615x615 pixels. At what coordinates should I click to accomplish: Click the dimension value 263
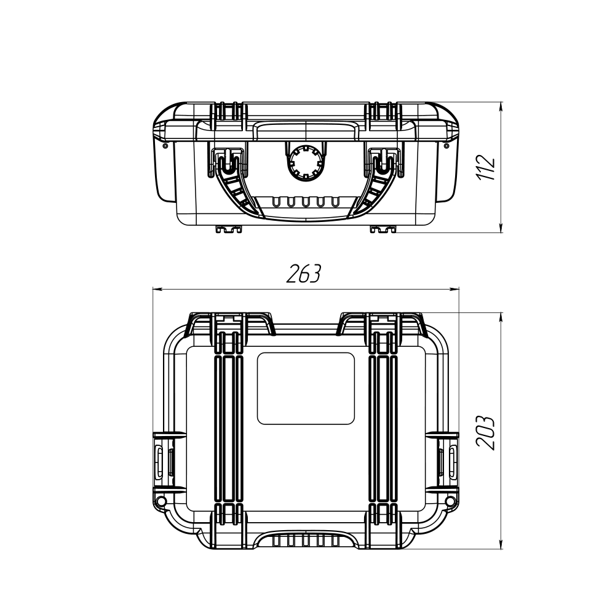(x=304, y=274)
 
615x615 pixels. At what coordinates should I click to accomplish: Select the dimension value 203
(x=486, y=432)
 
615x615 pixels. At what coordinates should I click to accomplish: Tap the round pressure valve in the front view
(x=306, y=162)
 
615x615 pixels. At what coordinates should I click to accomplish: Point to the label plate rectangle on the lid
(x=306, y=388)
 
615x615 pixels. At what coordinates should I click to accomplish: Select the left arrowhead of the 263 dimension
(x=157, y=290)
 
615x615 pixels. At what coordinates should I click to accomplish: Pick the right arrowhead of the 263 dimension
(x=454, y=290)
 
